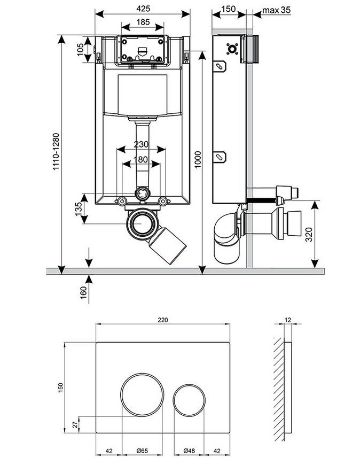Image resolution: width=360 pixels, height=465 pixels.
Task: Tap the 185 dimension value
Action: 143,22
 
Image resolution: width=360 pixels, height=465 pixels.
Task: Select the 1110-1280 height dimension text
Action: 56,152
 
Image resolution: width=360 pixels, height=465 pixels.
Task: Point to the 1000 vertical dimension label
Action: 198,159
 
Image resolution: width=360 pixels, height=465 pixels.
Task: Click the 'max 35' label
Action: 277,10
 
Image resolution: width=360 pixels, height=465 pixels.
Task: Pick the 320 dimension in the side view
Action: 309,234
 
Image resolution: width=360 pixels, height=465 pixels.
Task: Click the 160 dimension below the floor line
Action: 84,292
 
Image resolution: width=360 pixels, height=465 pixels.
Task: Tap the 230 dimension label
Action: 141,144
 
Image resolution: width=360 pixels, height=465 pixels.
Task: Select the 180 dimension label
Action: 141,160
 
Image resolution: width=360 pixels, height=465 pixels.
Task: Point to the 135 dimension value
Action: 78,209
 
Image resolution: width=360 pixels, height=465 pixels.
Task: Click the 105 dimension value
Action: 80,50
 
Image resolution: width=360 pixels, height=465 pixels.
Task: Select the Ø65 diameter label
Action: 142,451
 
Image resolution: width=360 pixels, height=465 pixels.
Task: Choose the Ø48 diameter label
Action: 189,451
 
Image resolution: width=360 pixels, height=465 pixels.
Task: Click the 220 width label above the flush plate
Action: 163,320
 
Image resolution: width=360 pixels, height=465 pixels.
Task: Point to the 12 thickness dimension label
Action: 288,320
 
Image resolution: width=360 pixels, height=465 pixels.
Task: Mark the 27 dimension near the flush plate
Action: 76,425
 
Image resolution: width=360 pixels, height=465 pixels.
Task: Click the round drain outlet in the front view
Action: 141,223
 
